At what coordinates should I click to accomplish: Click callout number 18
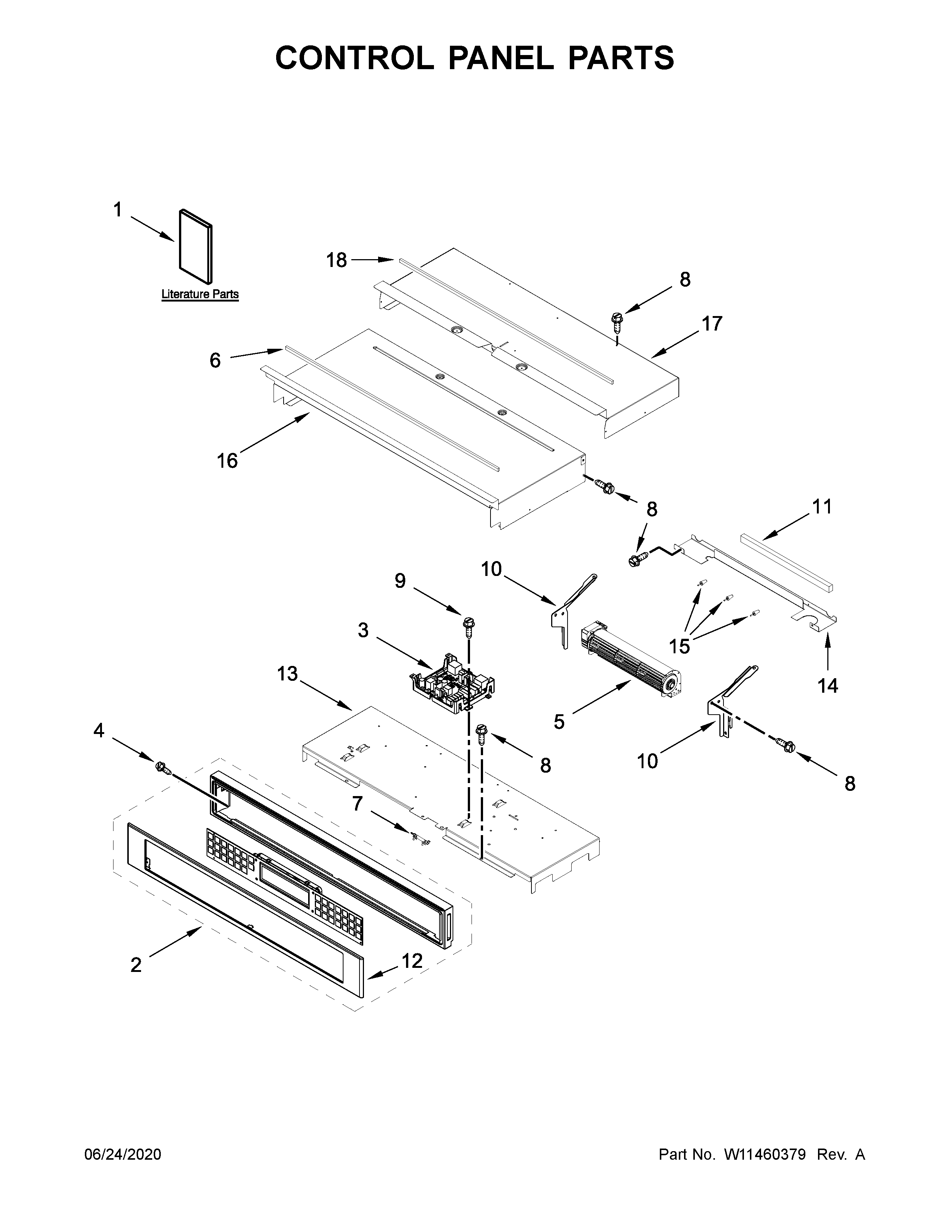pos(337,260)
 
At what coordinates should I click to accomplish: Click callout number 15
pos(679,646)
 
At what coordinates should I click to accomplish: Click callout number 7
pos(358,804)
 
